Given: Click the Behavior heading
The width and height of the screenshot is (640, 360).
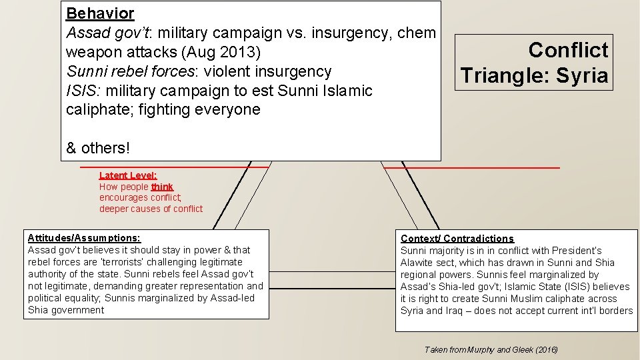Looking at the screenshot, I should (100, 13).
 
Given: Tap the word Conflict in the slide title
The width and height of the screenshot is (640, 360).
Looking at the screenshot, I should (568, 50).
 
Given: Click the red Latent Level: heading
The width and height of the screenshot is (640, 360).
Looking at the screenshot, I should (128, 175).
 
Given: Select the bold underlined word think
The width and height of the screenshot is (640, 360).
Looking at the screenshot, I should (162, 187).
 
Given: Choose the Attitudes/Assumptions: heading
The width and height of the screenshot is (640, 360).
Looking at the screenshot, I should (84, 237).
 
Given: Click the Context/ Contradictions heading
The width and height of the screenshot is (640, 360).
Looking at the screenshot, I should (457, 238).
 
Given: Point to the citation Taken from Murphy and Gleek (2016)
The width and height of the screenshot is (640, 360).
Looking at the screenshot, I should (491, 349).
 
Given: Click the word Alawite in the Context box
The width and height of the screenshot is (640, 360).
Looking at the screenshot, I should (417, 263).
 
